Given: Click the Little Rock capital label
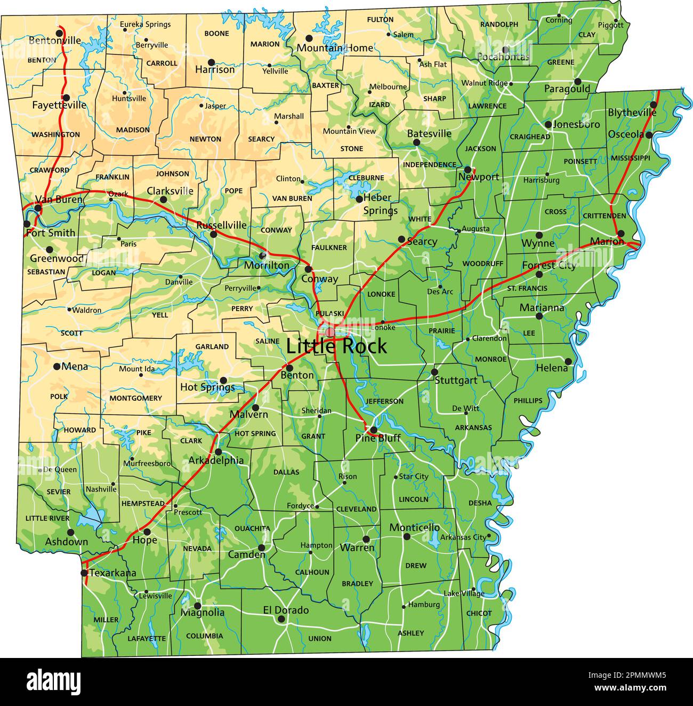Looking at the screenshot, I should tap(336, 346).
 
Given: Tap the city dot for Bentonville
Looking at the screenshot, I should tap(60, 33).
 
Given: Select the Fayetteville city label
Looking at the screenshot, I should tap(59, 105).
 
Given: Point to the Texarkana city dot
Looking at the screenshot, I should tap(84, 573).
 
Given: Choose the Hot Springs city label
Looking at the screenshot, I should tap(207, 387).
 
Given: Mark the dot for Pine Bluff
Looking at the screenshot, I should tap(374, 430).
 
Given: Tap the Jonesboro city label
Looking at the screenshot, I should tap(576, 124).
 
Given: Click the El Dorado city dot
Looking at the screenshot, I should tap(281, 619).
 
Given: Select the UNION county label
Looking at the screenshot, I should tap(320, 638).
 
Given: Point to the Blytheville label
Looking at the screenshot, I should tap(632, 113).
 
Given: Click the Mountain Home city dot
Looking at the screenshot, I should tap(309, 38).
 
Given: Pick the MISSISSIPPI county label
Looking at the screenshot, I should tap(631, 158).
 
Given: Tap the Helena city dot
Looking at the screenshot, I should tap(568, 361).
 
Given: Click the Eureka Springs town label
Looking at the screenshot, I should tap(145, 24).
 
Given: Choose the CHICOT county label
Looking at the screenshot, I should tap(479, 613).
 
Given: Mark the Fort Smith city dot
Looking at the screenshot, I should tap(27, 224).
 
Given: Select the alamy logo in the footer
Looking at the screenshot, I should tap(53, 681).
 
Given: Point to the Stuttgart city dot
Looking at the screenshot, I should tap(434, 372).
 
